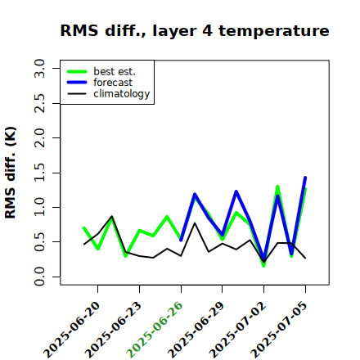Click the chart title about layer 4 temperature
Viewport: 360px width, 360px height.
(x=195, y=30)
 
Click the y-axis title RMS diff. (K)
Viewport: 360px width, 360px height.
(x=11, y=173)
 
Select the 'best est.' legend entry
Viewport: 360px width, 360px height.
(x=115, y=71)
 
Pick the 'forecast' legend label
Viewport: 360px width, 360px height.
(x=113, y=83)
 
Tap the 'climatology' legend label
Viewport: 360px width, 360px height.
(x=122, y=94)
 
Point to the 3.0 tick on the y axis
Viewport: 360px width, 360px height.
(x=39, y=68)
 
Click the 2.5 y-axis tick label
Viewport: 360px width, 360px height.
(x=39, y=103)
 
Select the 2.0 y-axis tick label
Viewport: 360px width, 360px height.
(x=39, y=137)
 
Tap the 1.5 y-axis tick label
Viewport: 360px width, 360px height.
(x=39, y=173)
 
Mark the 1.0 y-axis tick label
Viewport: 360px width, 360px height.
(x=39, y=207)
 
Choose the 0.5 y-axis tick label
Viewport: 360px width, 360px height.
(x=39, y=242)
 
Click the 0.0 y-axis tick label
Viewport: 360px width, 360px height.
(x=39, y=277)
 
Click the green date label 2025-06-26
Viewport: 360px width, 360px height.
(x=154, y=329)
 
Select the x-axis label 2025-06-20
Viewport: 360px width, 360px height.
(x=71, y=329)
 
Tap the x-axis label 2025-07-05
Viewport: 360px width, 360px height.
(x=279, y=329)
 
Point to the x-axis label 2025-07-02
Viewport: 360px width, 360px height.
(x=237, y=329)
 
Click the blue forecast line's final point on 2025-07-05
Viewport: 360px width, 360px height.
(x=305, y=178)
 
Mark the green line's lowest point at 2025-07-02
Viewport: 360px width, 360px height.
(x=264, y=266)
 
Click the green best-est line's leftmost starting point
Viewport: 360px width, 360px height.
(x=84, y=228)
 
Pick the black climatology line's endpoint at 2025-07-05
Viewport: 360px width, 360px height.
(x=305, y=258)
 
